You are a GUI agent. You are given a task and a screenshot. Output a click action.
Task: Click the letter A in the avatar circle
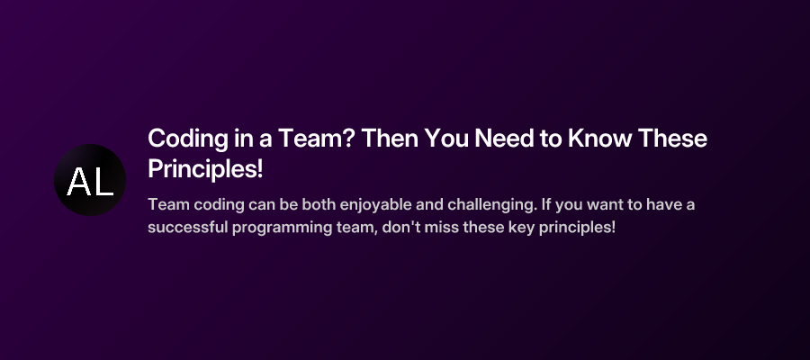click(78, 183)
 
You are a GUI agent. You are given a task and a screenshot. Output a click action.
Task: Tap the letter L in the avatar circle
click(103, 183)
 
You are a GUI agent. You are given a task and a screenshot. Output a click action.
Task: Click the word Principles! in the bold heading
click(204, 169)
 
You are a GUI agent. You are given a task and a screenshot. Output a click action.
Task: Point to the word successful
click(184, 227)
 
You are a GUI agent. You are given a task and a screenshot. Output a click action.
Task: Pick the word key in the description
click(521, 227)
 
